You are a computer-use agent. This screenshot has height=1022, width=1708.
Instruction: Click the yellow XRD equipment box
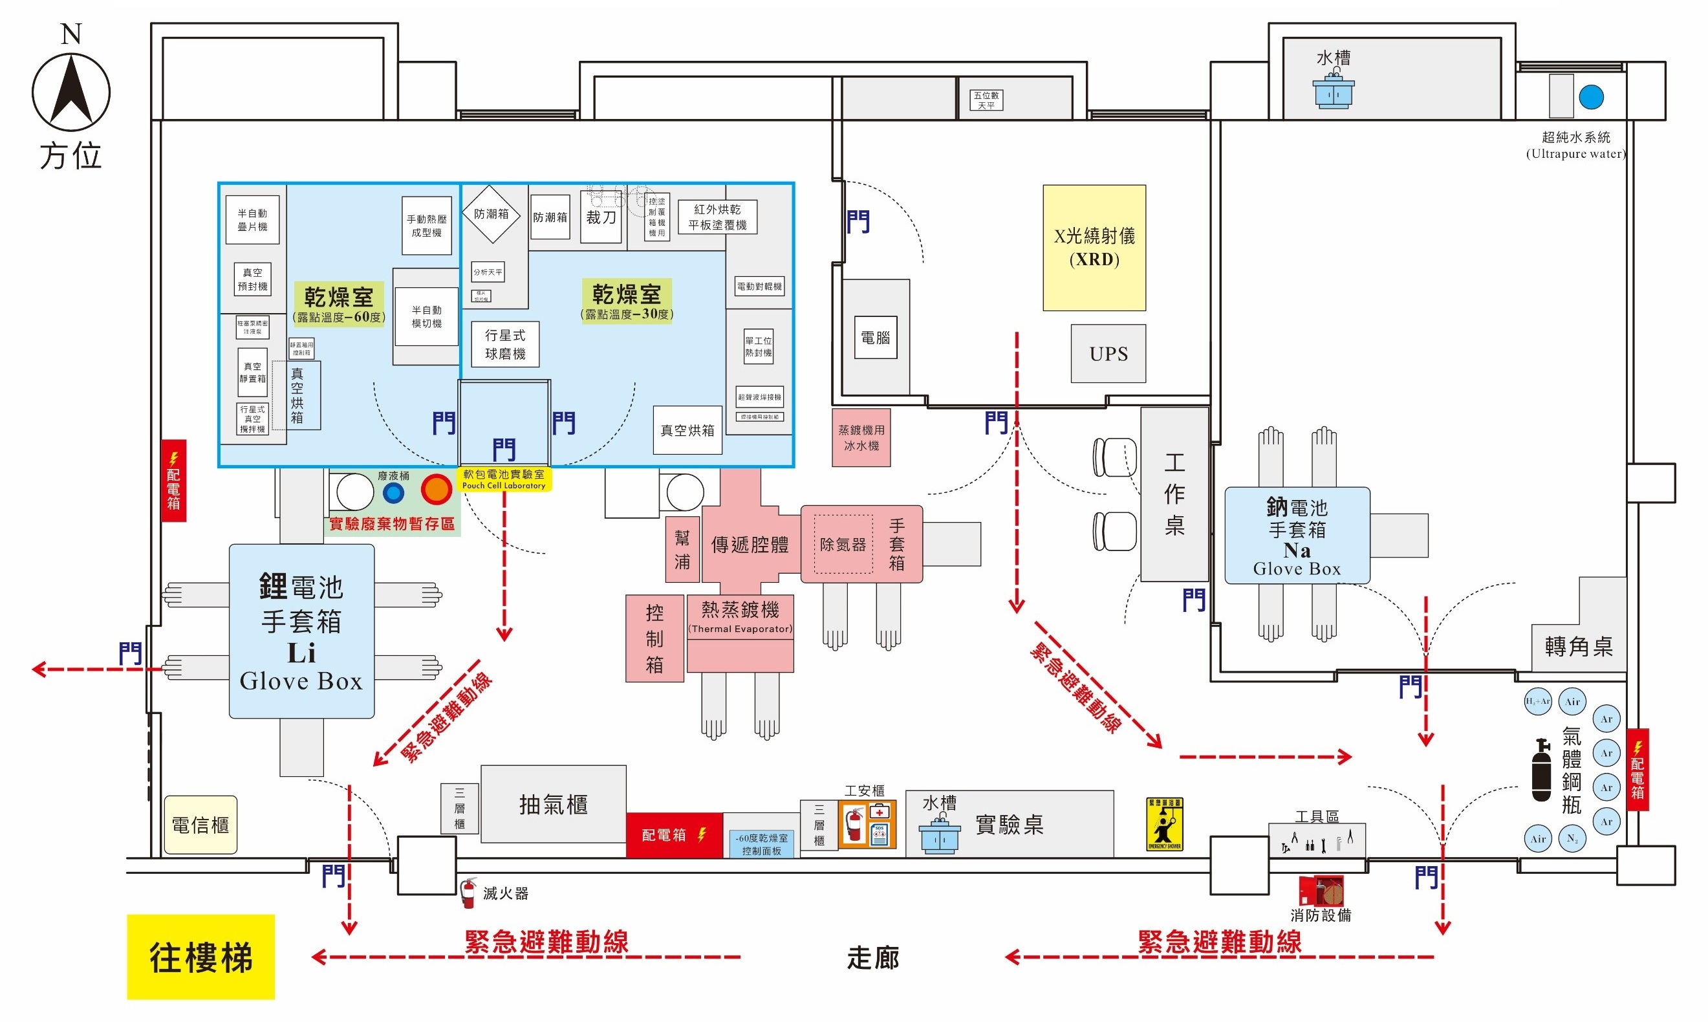[x=1093, y=247]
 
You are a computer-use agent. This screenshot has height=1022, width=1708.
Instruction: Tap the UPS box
[x=1108, y=353]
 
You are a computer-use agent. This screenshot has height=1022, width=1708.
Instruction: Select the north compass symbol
[x=71, y=92]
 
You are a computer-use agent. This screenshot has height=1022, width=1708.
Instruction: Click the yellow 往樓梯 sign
[x=200, y=957]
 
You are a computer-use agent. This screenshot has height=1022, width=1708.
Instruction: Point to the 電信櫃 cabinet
[x=200, y=824]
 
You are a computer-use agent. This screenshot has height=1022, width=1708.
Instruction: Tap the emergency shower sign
[x=1163, y=823]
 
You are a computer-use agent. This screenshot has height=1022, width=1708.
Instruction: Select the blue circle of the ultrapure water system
[x=1590, y=97]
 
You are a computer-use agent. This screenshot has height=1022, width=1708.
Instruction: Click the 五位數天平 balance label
[x=986, y=100]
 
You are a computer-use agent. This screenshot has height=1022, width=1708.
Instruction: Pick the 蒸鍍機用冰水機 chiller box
[x=861, y=437]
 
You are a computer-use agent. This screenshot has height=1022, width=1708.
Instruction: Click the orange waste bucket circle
[x=436, y=490]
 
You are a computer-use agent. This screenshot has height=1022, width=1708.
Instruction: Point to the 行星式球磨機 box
[x=504, y=343]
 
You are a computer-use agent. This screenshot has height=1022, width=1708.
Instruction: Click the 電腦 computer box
[x=875, y=338]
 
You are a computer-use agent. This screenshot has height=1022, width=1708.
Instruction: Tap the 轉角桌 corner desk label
[x=1578, y=646]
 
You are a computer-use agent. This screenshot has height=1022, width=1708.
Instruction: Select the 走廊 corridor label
[x=872, y=958]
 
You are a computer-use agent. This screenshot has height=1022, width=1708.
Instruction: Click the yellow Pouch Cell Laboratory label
[x=503, y=479]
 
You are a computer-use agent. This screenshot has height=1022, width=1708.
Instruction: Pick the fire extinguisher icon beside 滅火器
[x=468, y=893]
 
